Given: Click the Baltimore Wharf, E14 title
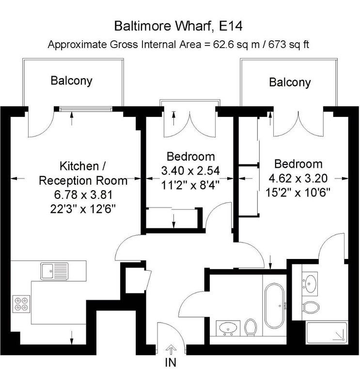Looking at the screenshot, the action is [x=178, y=26].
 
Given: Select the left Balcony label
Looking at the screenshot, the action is [x=71, y=81].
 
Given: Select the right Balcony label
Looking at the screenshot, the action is [x=290, y=82].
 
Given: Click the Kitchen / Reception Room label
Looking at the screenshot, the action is [x=83, y=173].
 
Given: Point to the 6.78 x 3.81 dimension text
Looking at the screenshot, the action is [x=83, y=195].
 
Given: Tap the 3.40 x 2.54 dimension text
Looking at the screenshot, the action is [x=190, y=171].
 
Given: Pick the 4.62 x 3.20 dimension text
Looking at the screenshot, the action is [x=298, y=178].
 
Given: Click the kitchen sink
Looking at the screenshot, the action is [x=54, y=271].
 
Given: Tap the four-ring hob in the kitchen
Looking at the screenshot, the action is [x=21, y=304].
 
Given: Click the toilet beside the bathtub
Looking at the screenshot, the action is [x=250, y=327].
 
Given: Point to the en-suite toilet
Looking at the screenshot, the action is [x=311, y=307].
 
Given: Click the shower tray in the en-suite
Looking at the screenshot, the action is [x=327, y=333].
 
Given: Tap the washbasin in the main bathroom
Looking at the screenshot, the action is [x=228, y=328].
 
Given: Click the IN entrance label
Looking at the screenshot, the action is [x=171, y=362].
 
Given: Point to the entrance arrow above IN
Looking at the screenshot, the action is [x=171, y=350].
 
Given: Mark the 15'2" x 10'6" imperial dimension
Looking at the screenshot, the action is [x=298, y=193].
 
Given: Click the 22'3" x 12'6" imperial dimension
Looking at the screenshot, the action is [x=83, y=210].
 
